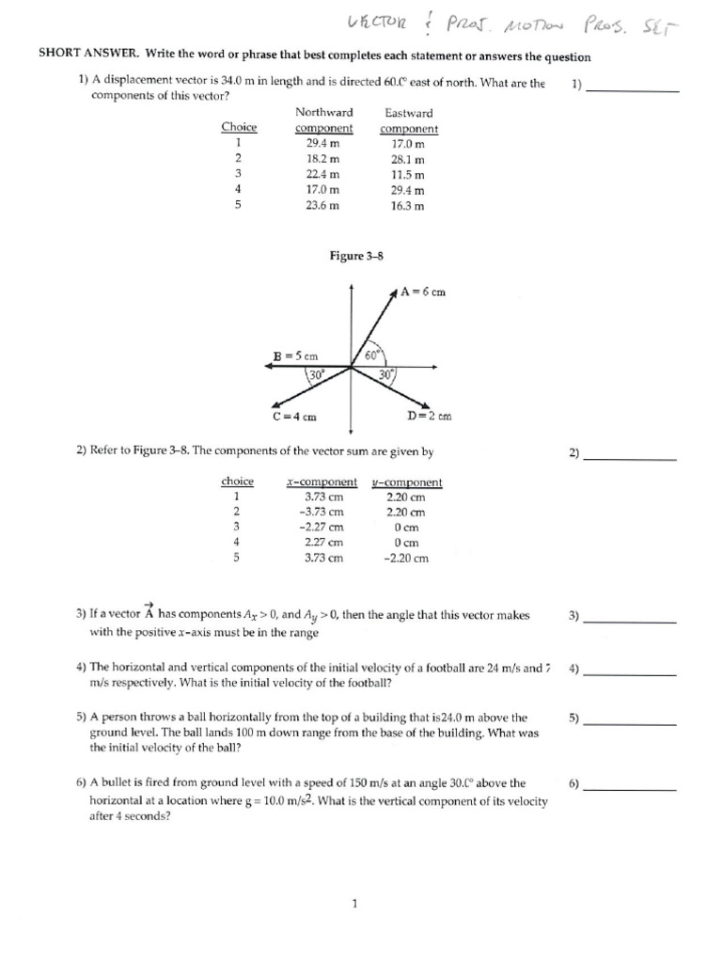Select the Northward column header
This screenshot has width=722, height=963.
323,112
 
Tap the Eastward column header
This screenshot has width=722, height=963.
409,112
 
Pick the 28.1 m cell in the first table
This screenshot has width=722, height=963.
409,159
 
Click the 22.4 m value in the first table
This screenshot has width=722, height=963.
323,174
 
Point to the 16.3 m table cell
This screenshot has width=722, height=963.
409,205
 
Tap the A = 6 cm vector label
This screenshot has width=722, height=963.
422,292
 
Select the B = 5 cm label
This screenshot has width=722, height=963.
295,356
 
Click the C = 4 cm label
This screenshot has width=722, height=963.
293,416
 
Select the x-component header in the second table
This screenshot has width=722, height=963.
322,482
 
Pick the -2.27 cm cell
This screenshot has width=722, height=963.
322,528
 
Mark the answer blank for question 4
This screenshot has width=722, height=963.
629,674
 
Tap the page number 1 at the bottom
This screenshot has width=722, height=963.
353,904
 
